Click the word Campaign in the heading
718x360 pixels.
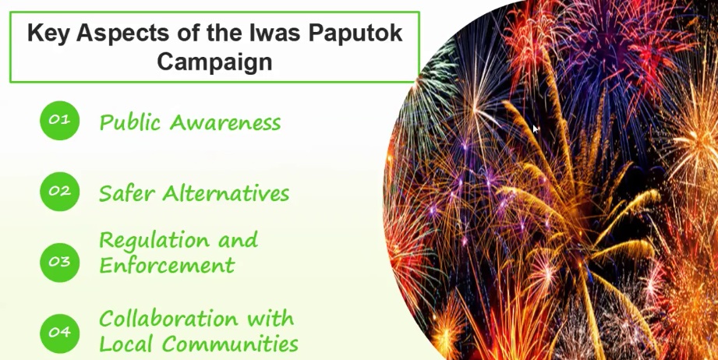click(214, 62)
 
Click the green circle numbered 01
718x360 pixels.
click(59, 120)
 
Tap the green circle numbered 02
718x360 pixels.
click(59, 191)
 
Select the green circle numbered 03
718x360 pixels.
click(59, 262)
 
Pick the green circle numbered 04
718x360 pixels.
click(59, 333)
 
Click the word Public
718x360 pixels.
click(130, 122)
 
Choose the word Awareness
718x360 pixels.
click(225, 122)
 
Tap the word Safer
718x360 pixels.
click(127, 193)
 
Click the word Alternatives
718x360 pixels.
click(226, 193)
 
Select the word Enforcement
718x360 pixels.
click(167, 265)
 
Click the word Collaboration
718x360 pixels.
click(168, 319)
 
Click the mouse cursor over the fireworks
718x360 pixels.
click(536, 129)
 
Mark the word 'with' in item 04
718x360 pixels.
click(271, 319)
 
